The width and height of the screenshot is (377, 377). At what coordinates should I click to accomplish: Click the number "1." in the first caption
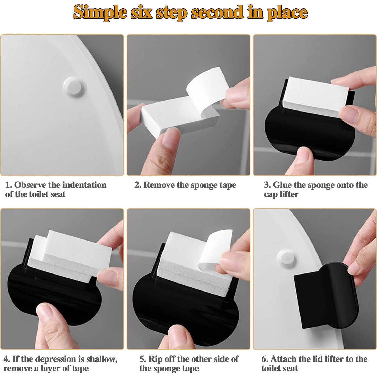(9, 185)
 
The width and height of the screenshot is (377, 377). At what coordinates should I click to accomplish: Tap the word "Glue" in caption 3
(282, 185)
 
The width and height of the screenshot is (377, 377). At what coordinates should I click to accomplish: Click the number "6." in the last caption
(265, 359)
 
